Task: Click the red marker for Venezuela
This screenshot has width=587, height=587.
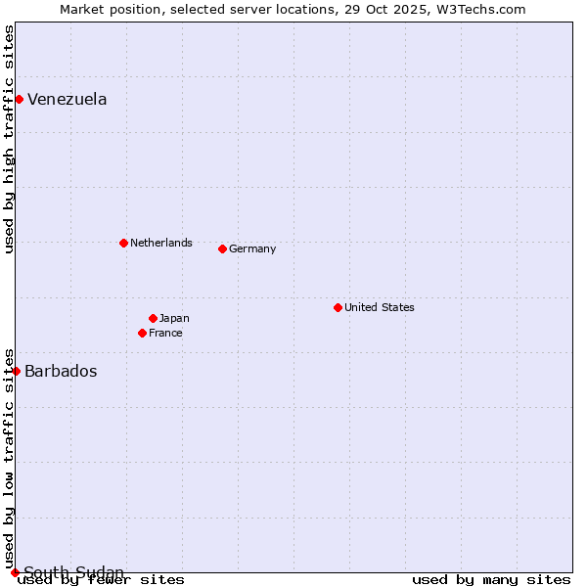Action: pos(19,99)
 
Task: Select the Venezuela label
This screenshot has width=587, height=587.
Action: pos(68,100)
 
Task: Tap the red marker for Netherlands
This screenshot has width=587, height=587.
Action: pos(123,243)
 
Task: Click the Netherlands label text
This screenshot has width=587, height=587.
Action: pos(161,243)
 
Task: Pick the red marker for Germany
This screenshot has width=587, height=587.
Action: pos(222,248)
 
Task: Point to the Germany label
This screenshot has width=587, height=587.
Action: pos(252,248)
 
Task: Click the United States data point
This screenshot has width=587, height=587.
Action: pos(338,307)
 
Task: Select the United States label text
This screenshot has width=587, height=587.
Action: pos(380,307)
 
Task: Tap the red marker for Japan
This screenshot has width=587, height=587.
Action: pos(153,318)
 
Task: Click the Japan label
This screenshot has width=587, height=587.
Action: pos(174,318)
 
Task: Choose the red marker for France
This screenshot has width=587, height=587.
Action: pos(142,333)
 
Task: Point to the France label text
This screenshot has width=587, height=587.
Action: pos(165,333)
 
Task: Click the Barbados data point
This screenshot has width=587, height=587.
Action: pos(16,371)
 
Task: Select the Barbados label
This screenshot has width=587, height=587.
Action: pos(61,372)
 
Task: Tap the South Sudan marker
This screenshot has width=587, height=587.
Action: pos(15,572)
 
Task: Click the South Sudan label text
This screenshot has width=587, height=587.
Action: pos(74,572)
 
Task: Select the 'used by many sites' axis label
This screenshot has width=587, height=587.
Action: pos(491,580)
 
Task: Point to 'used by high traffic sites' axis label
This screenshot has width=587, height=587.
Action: pos(10,139)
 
